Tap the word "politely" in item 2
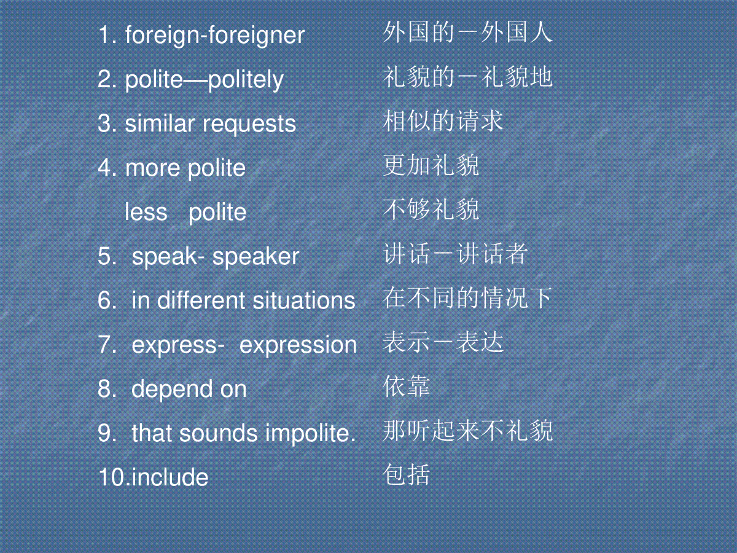[246, 80]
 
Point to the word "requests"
[249, 125]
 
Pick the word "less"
[146, 212]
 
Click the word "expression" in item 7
[298, 345]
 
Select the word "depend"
[172, 390]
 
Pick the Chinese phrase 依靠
[407, 386]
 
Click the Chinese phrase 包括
[407, 474]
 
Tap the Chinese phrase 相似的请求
[443, 121]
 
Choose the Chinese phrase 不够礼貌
[431, 209]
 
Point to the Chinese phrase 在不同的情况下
[467, 298]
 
